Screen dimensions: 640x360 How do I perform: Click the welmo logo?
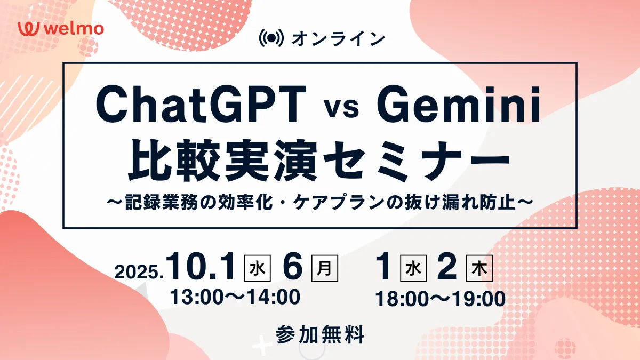pyautogui.click(x=61, y=29)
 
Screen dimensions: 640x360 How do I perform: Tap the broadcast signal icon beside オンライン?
pyautogui.click(x=271, y=38)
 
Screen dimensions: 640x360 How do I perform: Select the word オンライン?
pyautogui.click(x=339, y=38)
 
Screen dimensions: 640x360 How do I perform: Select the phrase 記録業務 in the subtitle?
pyautogui.click(x=161, y=203)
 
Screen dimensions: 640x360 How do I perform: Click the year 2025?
pyautogui.click(x=139, y=271)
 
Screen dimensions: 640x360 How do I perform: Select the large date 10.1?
pyautogui.click(x=202, y=266)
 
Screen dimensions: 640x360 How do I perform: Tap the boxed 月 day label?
pyautogui.click(x=325, y=268)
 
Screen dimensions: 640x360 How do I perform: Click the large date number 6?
pyautogui.click(x=293, y=266)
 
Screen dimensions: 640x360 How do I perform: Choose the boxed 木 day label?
pyautogui.click(x=479, y=268)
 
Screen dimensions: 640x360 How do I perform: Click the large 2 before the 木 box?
pyautogui.click(x=447, y=266)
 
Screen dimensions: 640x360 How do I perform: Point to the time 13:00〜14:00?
pyautogui.click(x=235, y=297)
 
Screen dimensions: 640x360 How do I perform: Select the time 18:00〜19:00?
pyautogui.click(x=441, y=299)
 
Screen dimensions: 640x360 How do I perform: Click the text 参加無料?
pyautogui.click(x=320, y=334)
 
